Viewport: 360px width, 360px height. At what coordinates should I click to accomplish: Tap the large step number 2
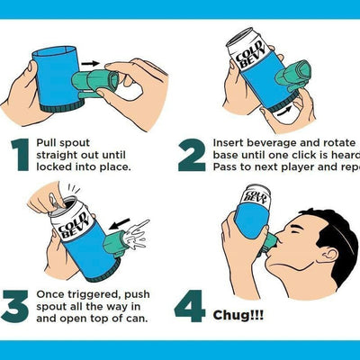pyautogui.click(x=192, y=154)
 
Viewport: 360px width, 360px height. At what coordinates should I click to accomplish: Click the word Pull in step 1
pyautogui.click(x=49, y=143)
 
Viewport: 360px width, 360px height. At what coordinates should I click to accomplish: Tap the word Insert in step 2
pyautogui.click(x=231, y=142)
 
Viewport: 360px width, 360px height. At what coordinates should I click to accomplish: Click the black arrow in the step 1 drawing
pyautogui.click(x=89, y=64)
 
